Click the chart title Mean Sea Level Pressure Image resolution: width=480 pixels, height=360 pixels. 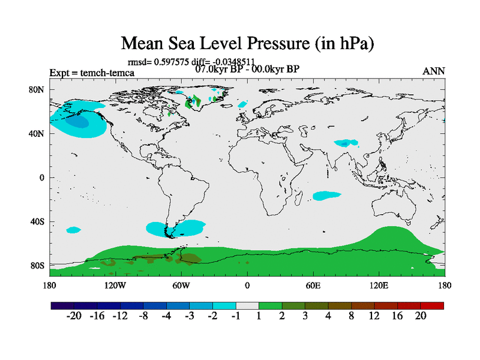247,43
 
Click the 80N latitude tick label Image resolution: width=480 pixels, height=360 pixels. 37,90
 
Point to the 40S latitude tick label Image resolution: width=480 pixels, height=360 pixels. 37,221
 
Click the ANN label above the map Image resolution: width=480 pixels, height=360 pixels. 434,71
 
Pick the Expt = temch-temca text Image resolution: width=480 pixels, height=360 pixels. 92,73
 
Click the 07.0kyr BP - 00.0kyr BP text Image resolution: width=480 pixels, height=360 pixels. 247,69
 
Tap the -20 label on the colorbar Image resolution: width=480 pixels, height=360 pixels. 73,317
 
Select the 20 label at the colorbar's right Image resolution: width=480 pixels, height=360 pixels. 421,317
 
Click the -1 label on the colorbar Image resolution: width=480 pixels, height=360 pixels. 236,317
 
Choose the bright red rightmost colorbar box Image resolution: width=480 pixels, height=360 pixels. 432,305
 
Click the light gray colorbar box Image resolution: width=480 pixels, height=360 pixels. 247,305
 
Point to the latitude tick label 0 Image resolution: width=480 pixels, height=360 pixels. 42,178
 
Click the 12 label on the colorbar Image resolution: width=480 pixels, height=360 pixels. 376,317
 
